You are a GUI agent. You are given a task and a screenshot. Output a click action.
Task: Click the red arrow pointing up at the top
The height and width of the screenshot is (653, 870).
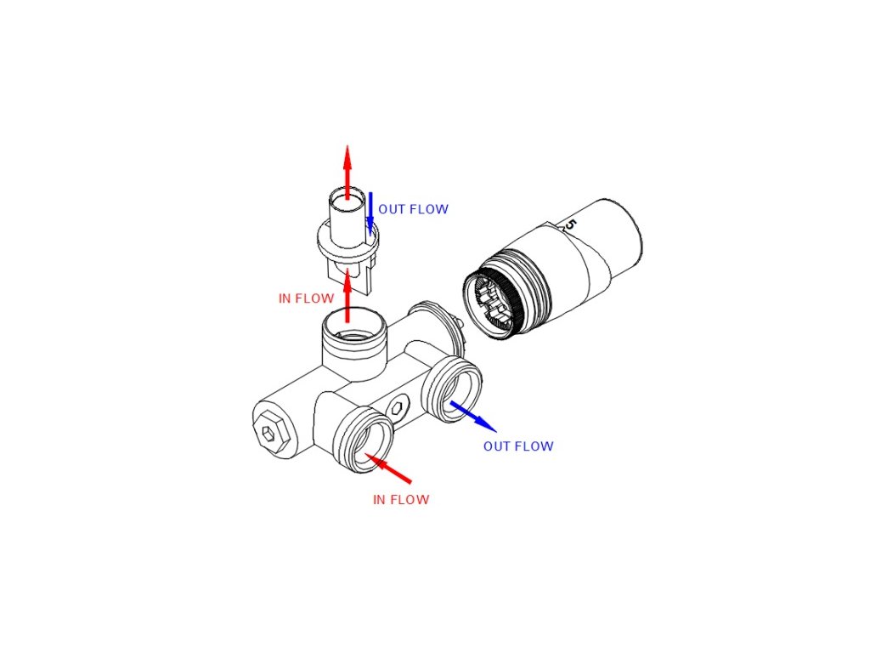pos(347,170)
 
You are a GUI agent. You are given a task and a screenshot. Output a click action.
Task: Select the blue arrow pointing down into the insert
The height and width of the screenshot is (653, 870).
pos(370,213)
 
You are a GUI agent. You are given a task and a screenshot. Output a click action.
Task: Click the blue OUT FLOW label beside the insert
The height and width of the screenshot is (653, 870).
pos(413,209)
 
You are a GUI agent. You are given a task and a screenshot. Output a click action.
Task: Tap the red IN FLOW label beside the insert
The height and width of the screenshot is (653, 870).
pos(306,298)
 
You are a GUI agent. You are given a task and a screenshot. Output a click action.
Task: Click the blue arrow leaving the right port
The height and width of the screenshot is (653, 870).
pos(472,416)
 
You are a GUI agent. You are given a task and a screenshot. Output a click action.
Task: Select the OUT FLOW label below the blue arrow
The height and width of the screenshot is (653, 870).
pos(518,446)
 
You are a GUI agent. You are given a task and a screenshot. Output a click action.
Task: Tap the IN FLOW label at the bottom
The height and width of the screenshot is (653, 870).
pos(401,500)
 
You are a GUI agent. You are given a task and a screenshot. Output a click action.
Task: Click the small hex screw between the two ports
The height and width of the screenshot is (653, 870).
pos(398,410)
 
